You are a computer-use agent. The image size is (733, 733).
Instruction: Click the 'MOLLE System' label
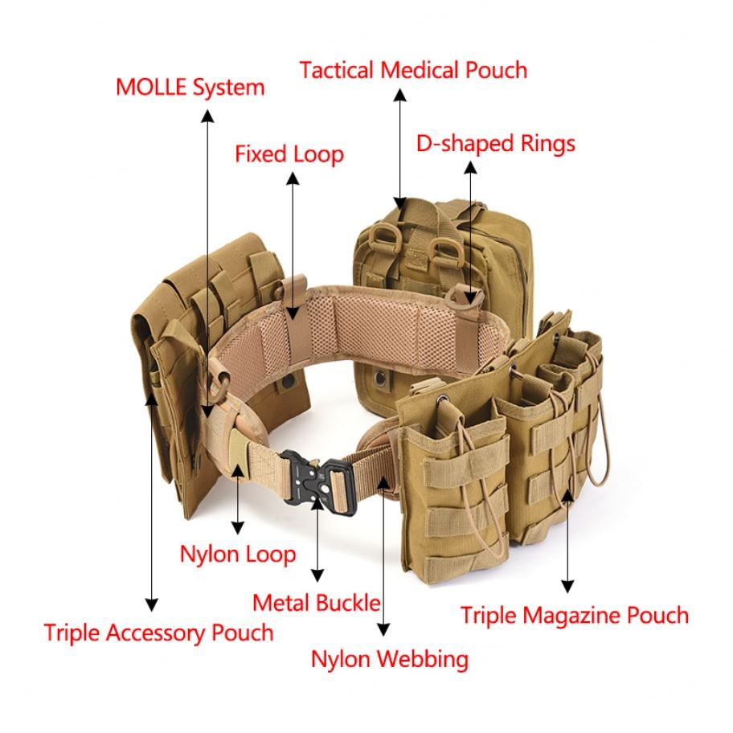(190, 87)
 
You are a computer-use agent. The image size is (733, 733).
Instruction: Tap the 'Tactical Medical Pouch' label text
(413, 70)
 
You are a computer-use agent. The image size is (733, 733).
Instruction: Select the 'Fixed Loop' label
(289, 154)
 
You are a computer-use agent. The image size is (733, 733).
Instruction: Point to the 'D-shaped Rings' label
(495, 144)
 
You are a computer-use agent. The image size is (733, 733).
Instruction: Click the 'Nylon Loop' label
(237, 554)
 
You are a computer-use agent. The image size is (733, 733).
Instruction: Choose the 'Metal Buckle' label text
(316, 602)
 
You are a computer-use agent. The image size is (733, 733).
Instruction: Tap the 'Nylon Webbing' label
(389, 659)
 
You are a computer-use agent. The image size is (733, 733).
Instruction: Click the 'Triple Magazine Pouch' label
(574, 616)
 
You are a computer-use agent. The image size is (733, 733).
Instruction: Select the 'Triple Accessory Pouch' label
(158, 632)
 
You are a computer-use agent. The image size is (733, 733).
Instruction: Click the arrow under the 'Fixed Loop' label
(293, 241)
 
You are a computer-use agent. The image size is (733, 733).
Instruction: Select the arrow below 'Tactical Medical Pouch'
(399, 145)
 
